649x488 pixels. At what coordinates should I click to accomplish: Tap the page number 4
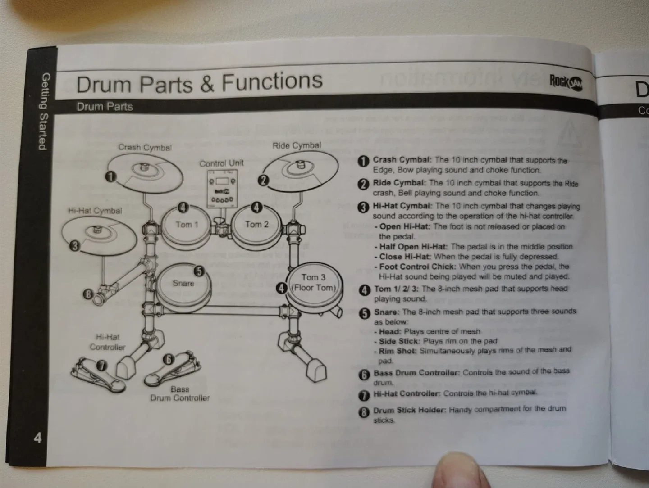[38, 437]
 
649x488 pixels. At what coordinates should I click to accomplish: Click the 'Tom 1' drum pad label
[187, 224]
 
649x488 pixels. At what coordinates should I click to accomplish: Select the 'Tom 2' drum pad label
[256, 224]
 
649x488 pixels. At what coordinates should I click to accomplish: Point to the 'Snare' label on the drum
[183, 283]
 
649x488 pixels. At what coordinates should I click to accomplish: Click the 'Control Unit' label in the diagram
[221, 163]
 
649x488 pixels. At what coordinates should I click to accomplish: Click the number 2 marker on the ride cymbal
[263, 181]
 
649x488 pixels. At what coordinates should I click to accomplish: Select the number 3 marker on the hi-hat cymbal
[75, 246]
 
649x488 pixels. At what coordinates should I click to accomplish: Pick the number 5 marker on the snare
[199, 271]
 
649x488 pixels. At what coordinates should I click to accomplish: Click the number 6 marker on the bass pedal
[168, 359]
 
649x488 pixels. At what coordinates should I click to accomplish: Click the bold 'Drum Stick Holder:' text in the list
[409, 410]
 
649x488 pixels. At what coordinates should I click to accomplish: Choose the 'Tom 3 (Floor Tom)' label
[314, 282]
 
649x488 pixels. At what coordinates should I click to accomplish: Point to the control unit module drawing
[221, 189]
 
